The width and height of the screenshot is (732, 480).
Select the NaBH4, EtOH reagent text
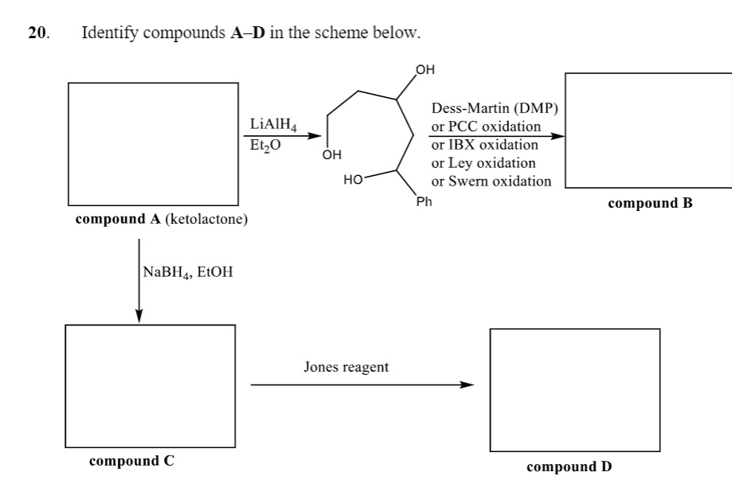pyautogui.click(x=188, y=271)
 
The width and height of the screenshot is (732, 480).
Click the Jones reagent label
pyautogui.click(x=346, y=367)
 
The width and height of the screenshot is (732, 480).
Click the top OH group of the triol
pyautogui.click(x=425, y=69)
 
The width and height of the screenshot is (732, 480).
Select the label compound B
pyautogui.click(x=650, y=203)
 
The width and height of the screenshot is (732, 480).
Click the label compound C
pyautogui.click(x=131, y=461)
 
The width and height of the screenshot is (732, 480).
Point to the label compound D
pyautogui.click(x=570, y=466)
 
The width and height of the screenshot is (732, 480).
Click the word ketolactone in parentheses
pyautogui.click(x=206, y=219)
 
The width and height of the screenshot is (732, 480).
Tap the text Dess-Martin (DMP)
pyautogui.click(x=495, y=108)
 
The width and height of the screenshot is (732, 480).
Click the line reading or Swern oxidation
pyautogui.click(x=491, y=181)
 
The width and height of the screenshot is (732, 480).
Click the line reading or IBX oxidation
pyautogui.click(x=484, y=145)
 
